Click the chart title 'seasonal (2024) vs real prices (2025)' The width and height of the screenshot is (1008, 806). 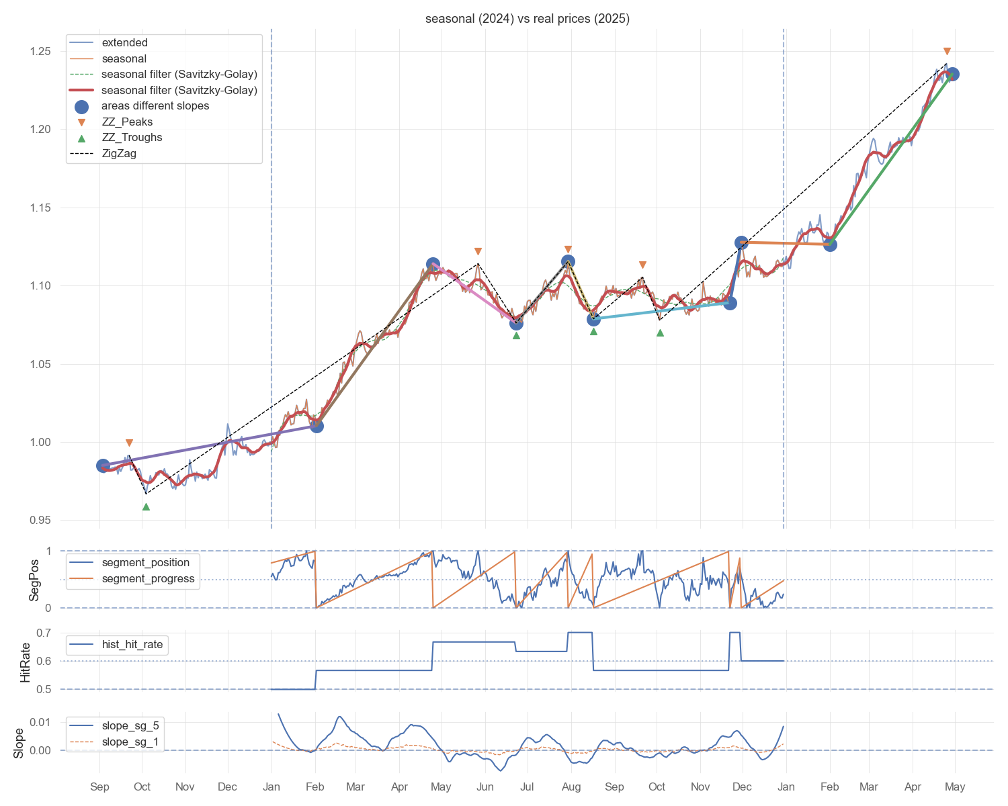point(527,19)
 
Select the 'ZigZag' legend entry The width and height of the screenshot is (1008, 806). point(119,153)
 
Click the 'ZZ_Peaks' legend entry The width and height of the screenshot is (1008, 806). point(127,122)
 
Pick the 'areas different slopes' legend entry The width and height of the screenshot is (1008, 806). point(155,106)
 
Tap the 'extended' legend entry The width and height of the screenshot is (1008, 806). point(124,43)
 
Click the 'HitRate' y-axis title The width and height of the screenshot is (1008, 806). point(26,661)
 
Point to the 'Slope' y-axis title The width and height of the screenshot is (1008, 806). point(19,743)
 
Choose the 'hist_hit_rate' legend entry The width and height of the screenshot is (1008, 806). point(132,645)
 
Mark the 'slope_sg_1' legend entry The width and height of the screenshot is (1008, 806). point(130,742)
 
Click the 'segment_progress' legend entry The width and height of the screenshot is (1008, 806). point(148,579)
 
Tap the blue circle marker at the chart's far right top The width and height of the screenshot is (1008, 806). point(952,75)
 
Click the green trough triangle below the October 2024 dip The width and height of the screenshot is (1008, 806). point(146,506)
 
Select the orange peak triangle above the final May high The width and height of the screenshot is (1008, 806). point(947,52)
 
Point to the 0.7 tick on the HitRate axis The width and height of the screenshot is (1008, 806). point(44,633)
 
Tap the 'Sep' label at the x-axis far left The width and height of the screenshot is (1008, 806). point(99,787)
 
